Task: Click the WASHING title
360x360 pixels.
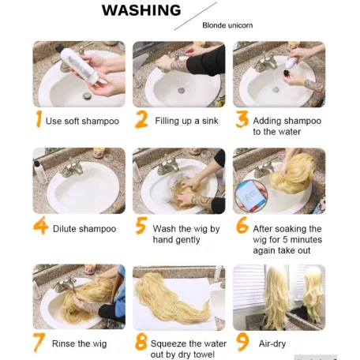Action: tap(141, 10)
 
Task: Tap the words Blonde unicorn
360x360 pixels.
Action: tap(227, 25)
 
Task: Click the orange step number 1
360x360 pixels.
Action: tap(39, 118)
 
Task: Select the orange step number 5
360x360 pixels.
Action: tap(141, 225)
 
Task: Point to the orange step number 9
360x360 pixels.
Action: tap(242, 342)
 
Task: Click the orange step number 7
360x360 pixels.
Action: tap(39, 343)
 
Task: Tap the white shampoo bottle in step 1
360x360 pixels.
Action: tap(79, 65)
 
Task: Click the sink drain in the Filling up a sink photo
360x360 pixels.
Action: tap(181, 91)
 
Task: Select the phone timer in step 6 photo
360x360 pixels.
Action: tap(249, 196)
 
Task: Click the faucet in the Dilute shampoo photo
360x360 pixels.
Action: tap(71, 169)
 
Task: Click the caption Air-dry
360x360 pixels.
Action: tap(272, 343)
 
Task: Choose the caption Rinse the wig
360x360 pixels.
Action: tap(79, 343)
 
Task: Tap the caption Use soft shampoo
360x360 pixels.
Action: tap(82, 121)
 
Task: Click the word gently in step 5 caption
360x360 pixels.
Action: tap(188, 240)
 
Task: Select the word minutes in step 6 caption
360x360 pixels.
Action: tap(306, 239)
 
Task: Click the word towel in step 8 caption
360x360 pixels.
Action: tap(204, 354)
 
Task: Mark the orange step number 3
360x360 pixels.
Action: tap(242, 119)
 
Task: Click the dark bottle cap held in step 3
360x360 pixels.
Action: tap(287, 73)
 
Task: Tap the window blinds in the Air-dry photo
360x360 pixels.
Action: tap(249, 287)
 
